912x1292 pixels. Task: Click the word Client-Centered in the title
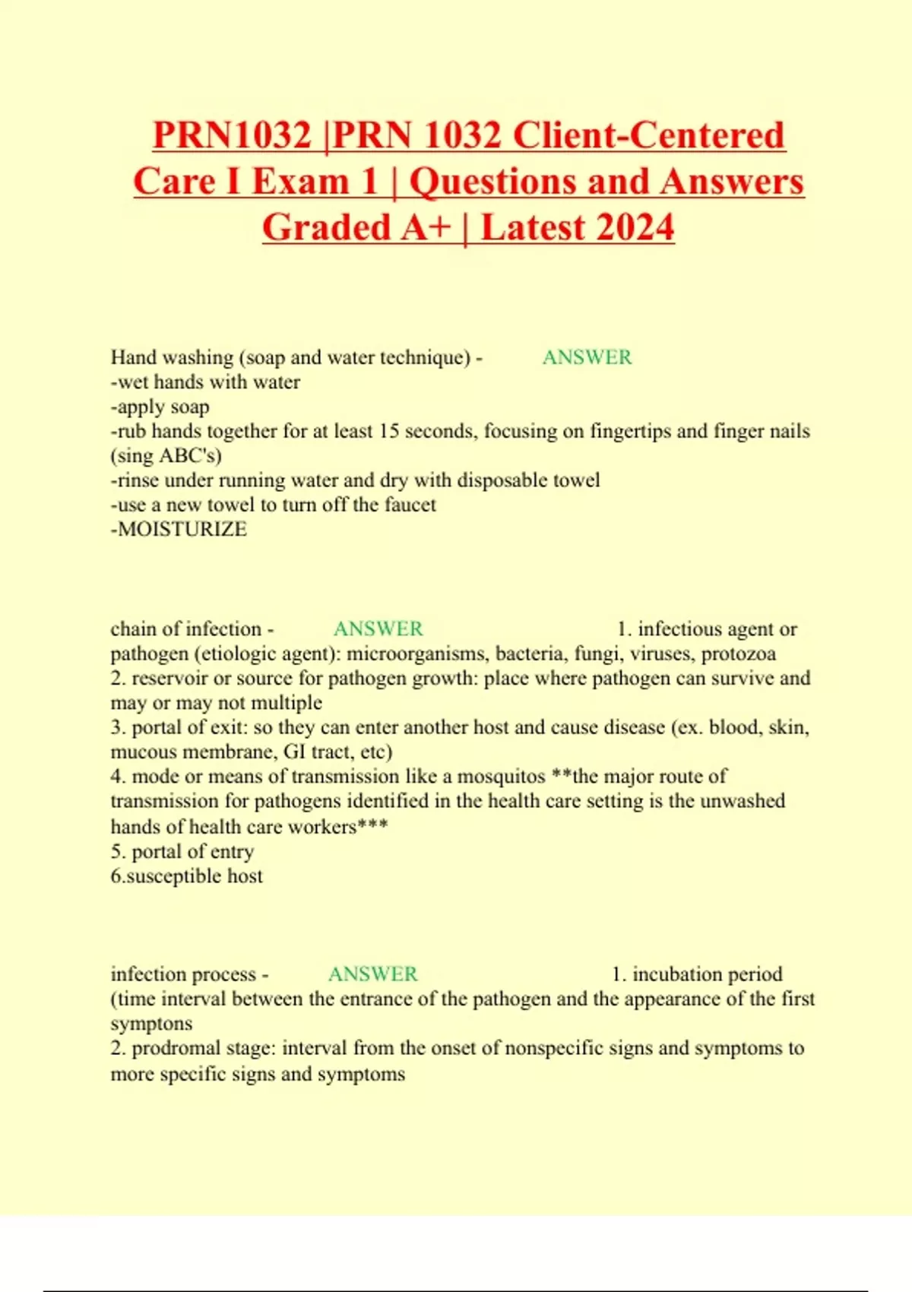[x=648, y=135]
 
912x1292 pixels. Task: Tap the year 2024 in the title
[x=630, y=227]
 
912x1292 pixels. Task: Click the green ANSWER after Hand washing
[x=587, y=357]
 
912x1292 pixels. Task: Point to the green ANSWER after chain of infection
[x=378, y=629]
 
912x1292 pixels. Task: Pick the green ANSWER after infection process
[x=372, y=974]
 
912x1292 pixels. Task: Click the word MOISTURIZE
[x=182, y=529]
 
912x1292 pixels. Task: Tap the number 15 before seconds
[x=389, y=431]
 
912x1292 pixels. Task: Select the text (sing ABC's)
[x=166, y=456]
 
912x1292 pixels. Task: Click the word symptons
[x=151, y=1024]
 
